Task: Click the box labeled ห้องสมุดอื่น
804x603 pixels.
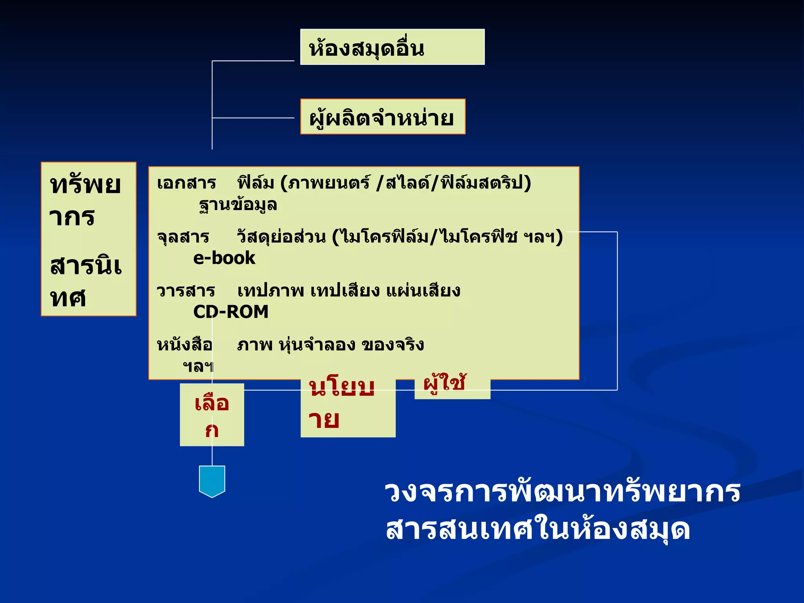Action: coord(392,47)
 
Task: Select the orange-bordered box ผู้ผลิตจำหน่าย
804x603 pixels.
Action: coord(383,117)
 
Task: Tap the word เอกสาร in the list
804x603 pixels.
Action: coord(186,183)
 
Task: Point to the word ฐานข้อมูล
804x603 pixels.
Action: coord(238,205)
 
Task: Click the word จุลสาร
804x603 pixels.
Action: coord(183,237)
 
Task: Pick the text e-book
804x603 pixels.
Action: coord(224,258)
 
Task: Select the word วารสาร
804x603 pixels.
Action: coord(186,291)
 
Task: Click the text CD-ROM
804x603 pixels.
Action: coord(231,312)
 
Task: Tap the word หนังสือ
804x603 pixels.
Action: coord(185,345)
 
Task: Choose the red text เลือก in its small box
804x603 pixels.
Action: coord(212,415)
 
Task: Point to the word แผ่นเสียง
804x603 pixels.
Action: coord(423,291)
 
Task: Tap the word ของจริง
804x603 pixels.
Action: coord(393,345)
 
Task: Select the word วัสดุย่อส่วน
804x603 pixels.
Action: coord(281,237)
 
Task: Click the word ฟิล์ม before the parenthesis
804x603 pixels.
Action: coord(256,183)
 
